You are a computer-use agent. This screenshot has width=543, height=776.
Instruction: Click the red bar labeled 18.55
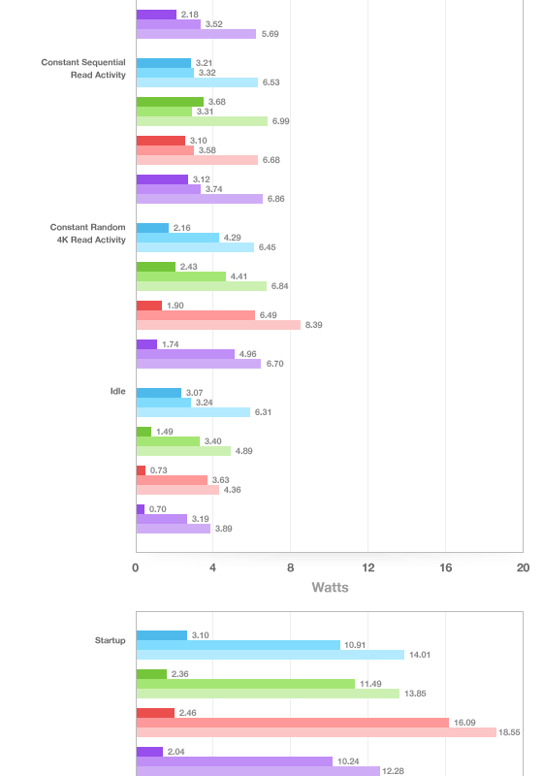point(316,732)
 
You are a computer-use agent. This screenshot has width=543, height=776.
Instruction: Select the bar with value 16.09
point(292,723)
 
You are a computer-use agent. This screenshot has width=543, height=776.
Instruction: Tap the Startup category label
point(110,640)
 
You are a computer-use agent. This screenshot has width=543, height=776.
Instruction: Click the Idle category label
point(117,391)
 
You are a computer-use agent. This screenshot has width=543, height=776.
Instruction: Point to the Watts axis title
point(330,588)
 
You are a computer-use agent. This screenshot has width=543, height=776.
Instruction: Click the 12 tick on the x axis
point(367,567)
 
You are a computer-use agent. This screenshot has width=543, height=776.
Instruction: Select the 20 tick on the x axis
point(523,567)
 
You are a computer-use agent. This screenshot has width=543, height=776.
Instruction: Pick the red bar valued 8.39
point(218,325)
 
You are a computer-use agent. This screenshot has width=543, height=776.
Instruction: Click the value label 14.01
point(419,655)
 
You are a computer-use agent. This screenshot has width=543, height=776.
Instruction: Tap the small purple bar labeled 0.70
point(141,509)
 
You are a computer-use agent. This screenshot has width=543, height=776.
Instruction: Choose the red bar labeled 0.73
point(141,470)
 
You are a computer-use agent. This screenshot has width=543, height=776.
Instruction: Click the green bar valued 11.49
point(245,684)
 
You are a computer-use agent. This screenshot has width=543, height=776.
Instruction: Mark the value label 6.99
point(280,121)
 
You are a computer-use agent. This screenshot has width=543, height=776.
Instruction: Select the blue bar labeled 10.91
point(239,645)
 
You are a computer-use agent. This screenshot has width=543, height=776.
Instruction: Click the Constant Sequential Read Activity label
point(83,69)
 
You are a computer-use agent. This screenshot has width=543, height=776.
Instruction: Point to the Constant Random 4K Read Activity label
point(87,234)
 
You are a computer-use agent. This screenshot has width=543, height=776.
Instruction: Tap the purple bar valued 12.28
point(258,771)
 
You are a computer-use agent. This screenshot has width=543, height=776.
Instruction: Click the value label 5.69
point(270,34)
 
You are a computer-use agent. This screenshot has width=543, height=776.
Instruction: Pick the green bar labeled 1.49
point(144,432)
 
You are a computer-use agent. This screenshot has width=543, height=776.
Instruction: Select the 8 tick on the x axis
point(290,567)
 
